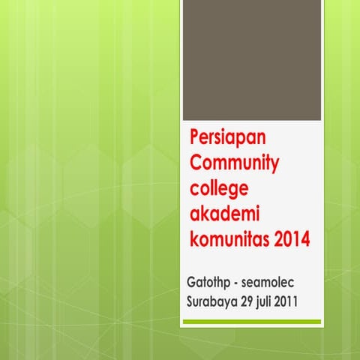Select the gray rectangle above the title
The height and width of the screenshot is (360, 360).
pyautogui.click(x=252, y=60)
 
